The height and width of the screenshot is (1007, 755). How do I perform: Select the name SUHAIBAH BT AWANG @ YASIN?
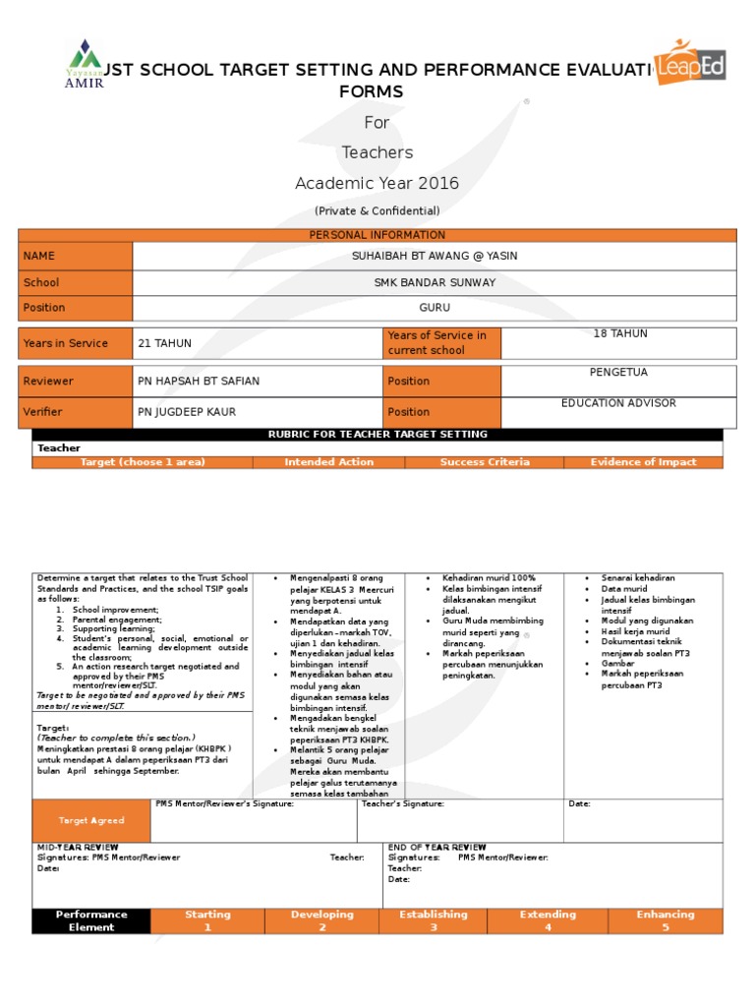tap(434, 256)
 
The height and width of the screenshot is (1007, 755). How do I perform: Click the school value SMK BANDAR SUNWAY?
tap(434, 282)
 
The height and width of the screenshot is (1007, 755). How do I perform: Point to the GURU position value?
tap(434, 308)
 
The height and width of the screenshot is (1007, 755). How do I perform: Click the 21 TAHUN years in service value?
tap(165, 343)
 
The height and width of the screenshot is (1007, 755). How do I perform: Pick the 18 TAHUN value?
tap(620, 334)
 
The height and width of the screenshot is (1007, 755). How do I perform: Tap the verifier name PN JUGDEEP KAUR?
tap(187, 412)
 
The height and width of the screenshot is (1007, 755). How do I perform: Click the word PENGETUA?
tap(619, 373)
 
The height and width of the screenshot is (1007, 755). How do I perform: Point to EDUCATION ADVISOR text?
tap(618, 403)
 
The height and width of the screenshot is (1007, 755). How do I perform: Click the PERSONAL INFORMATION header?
tap(377, 235)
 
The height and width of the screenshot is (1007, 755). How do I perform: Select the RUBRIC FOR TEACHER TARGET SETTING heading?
tap(377, 435)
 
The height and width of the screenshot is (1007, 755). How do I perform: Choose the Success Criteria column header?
tap(485, 462)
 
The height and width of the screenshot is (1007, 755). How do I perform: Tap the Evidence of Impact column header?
tap(644, 462)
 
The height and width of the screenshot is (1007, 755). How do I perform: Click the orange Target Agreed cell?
tap(91, 820)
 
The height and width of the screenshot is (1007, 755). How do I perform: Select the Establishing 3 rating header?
tap(434, 920)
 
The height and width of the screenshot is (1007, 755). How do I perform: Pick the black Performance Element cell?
tap(91, 920)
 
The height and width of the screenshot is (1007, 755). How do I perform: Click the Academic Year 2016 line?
tap(377, 184)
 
